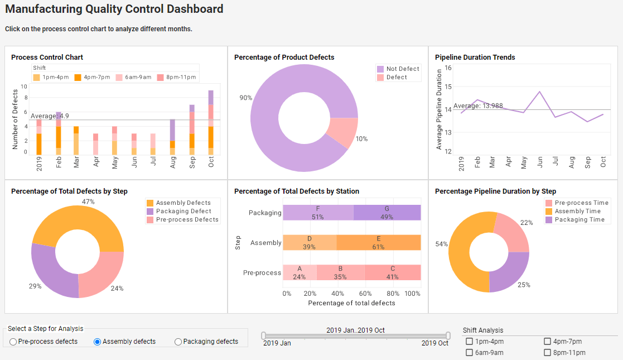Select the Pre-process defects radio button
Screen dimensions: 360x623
pyautogui.click(x=13, y=342)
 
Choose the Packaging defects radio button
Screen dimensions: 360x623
pyautogui.click(x=178, y=342)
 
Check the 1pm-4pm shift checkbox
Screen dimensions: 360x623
pyautogui.click(x=470, y=342)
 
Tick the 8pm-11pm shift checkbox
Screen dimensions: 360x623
pyautogui.click(x=548, y=353)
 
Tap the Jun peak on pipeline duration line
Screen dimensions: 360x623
pyautogui.click(x=540, y=92)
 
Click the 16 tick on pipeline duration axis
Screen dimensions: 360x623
pyautogui.click(x=448, y=67)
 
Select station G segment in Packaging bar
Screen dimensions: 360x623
pyautogui.click(x=387, y=213)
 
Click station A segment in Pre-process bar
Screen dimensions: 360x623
pyautogui.click(x=300, y=272)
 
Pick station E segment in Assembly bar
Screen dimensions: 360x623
pyautogui.click(x=378, y=243)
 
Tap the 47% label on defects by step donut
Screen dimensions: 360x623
pyautogui.click(x=88, y=201)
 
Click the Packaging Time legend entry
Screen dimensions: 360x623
pyautogui.click(x=579, y=219)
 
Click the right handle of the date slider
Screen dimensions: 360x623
pyautogui.click(x=448, y=335)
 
